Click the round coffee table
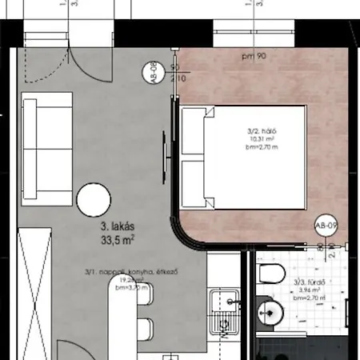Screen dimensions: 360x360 (97, 198)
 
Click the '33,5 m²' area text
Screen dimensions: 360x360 (116, 238)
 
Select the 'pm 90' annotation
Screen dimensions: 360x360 (254, 57)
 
